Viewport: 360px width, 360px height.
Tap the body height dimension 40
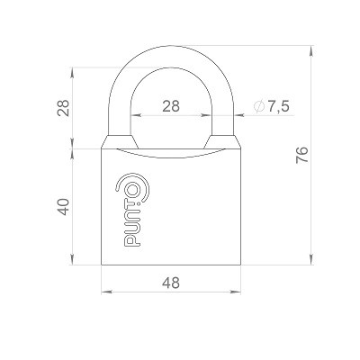click(x=62, y=207)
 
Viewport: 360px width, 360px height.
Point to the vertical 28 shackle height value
click(x=62, y=108)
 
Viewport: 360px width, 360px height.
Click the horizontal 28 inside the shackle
click(x=171, y=105)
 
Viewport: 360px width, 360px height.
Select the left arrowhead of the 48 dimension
click(x=105, y=292)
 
